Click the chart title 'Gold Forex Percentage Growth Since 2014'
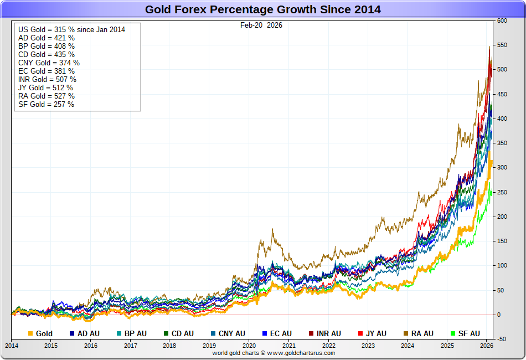[262, 9]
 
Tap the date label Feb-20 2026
[261, 25]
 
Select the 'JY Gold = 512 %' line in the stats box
[45, 88]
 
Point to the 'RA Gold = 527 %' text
[47, 96]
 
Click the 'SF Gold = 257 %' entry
[46, 104]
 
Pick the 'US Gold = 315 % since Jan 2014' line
[71, 29]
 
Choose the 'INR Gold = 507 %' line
[47, 79]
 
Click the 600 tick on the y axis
[502, 20]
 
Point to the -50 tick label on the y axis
[502, 339]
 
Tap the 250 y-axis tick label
[502, 192]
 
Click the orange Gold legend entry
[40, 333]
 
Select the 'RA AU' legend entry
[419, 333]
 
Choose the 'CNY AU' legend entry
[228, 333]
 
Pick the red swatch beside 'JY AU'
[361, 333]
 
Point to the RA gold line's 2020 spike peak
[272, 229]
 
